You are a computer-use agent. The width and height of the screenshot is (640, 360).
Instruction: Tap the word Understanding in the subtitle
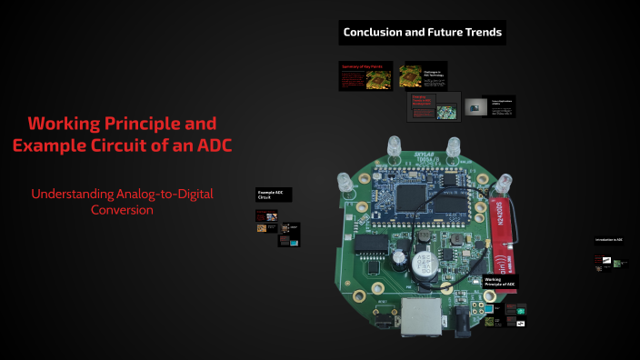72,193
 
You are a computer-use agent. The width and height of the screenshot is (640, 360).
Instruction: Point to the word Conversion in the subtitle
122,209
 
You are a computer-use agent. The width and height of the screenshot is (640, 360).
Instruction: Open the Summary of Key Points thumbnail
366,76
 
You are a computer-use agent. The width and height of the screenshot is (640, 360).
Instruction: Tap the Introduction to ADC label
609,239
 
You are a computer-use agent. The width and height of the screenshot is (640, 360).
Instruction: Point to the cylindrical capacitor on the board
423,264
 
